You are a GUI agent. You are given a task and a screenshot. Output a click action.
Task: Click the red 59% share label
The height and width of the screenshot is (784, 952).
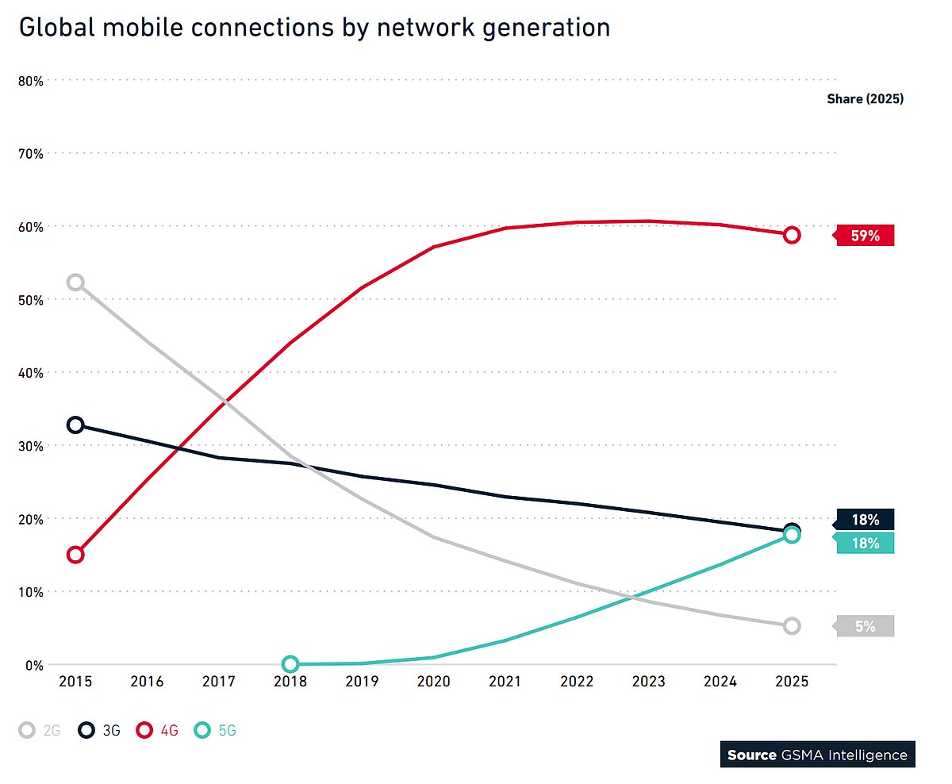[865, 236]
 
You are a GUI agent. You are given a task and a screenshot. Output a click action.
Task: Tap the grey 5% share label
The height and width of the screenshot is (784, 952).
[865, 626]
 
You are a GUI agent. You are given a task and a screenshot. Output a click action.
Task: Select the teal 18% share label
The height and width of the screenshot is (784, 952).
[865, 543]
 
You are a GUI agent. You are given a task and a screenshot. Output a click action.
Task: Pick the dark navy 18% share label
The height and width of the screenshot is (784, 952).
[865, 520]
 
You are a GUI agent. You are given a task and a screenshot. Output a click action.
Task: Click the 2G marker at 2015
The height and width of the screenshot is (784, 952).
[75, 282]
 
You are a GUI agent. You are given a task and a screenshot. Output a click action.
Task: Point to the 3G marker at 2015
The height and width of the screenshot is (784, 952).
[75, 425]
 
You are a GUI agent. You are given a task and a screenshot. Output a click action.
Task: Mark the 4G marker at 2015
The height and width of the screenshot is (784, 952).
[75, 555]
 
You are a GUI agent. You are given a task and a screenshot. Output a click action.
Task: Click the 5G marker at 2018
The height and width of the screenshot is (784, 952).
[290, 664]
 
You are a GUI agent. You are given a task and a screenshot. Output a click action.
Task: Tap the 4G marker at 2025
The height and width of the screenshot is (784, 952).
[792, 235]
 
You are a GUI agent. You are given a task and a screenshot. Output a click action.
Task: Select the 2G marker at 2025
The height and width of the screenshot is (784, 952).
[792, 626]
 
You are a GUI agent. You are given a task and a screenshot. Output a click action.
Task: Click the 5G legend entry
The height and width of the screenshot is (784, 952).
[217, 730]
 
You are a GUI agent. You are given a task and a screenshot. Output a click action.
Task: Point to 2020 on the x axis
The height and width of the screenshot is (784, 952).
[433, 682]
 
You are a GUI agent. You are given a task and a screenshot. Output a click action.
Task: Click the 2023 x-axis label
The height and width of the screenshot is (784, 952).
[648, 682]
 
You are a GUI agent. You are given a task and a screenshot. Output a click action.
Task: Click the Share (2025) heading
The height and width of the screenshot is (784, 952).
[865, 99]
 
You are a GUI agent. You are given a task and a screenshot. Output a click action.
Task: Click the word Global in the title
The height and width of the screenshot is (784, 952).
[63, 28]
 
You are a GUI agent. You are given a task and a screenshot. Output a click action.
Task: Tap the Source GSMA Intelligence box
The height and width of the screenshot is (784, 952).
[817, 755]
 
